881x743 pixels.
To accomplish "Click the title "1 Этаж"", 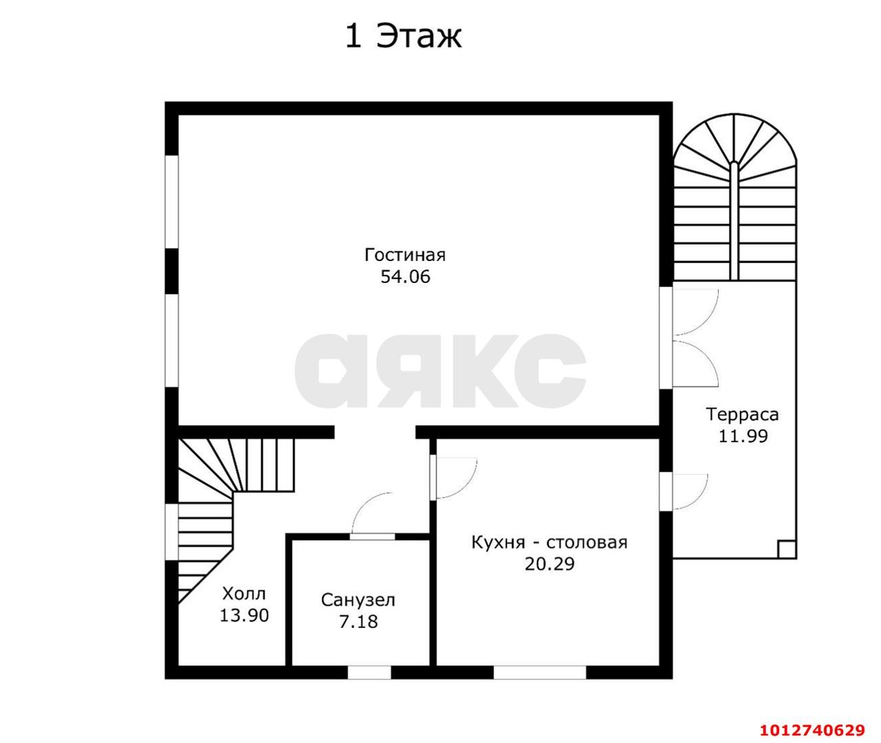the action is pos(403,36).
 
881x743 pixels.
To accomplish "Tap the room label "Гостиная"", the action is pos(405,255).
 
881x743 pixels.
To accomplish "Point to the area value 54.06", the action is pos(405,277).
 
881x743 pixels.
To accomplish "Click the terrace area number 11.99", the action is pos(743,436).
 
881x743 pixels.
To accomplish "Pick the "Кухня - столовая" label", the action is pos(549,543).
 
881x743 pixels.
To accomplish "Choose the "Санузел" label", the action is pos(358,600).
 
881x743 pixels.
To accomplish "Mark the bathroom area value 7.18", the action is pos(358,622).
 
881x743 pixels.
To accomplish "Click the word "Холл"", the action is pos(244,594).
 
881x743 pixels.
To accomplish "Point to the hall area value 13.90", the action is pos(244,616).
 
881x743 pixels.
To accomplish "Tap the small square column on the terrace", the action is pos(787,550).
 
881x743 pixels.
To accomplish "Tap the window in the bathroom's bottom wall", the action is pos(369,673).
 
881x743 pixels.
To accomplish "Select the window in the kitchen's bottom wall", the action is pos(540,673).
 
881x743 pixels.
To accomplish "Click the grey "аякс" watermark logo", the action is pos(440,371).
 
